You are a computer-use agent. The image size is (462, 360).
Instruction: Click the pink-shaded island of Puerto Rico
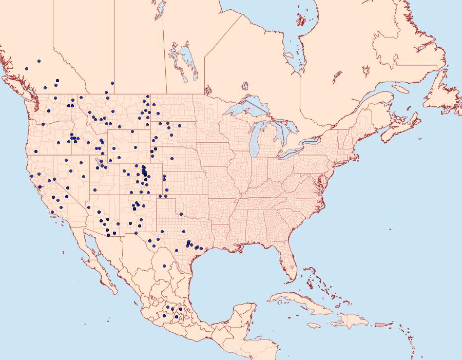[x=380, y=324]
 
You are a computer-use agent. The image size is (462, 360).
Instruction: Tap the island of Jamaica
[x=314, y=326]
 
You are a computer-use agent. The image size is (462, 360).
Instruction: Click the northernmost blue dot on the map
[x=39, y=61]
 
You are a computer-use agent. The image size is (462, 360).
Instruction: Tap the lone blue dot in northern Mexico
[x=164, y=266]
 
